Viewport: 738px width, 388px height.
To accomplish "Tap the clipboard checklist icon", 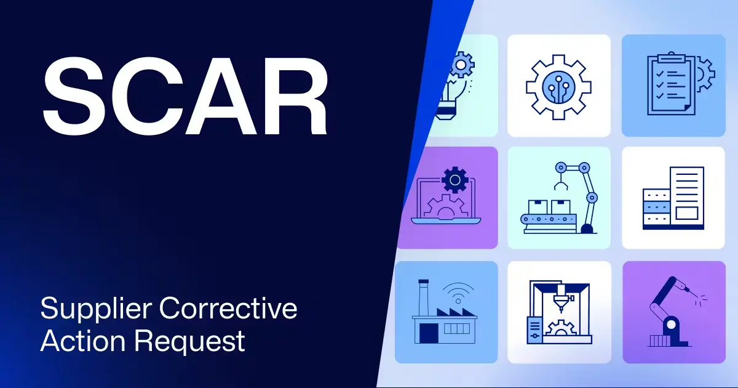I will pos(672,86).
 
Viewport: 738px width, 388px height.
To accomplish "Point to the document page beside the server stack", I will pos(687,193).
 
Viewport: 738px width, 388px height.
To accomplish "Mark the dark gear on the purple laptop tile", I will pos(454,180).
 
